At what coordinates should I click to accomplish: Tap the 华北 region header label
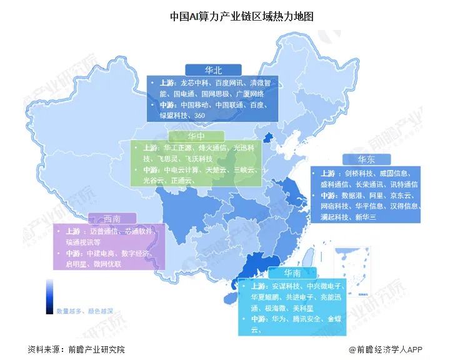point(212,69)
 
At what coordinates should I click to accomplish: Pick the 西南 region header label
point(112,218)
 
